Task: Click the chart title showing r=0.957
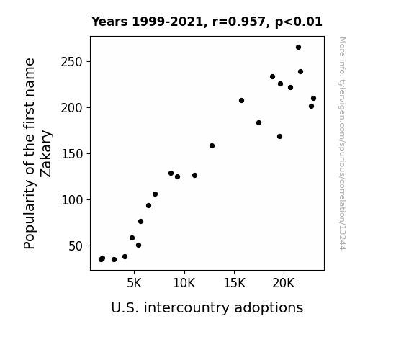207,22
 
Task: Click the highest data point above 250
298,48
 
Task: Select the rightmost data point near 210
313,98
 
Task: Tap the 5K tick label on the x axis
134,283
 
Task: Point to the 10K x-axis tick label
184,283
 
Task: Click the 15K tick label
234,283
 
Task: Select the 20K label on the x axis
284,283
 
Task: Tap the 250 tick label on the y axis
72,62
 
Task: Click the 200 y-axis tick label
72,108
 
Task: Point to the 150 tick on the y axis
72,154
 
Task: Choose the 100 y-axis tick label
72,200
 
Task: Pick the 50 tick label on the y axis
76,246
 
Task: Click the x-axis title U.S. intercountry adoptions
207,307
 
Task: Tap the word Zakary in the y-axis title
46,153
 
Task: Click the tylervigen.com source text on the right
342,143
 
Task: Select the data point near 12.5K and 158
212,145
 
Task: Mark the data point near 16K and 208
242,100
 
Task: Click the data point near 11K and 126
195,176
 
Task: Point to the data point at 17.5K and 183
258,123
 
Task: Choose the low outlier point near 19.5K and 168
279,137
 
